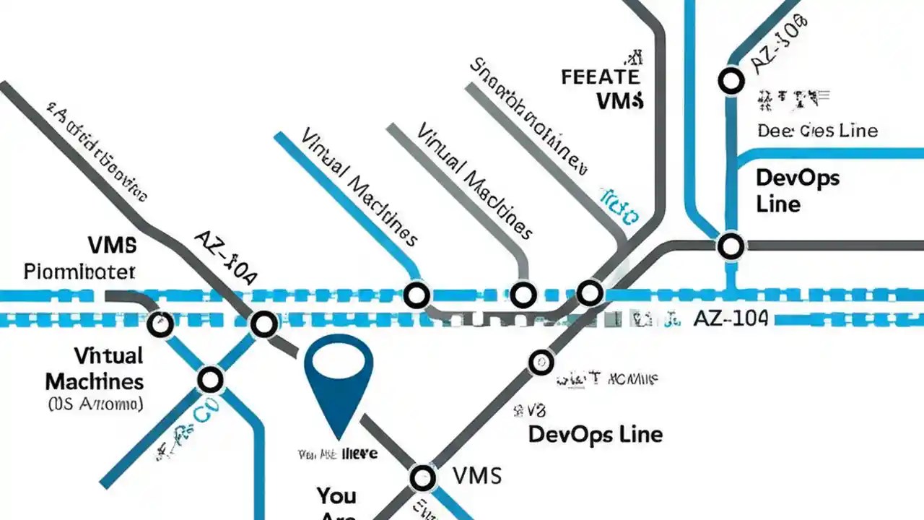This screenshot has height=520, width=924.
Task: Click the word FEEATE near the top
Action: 600,76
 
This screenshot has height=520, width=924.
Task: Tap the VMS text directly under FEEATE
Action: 620,100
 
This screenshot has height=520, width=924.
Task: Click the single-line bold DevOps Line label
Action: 596,434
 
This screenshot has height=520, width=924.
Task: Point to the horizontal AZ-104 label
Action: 730,318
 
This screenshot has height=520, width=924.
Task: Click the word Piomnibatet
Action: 79,272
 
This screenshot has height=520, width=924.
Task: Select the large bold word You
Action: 336,495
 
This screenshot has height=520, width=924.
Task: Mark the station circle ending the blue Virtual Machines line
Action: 417,295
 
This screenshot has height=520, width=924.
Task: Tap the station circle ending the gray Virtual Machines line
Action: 523,295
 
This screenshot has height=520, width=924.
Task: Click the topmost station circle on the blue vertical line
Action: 731,81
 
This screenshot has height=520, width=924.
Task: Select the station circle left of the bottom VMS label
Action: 422,477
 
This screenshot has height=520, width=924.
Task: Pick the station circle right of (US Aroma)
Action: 211,378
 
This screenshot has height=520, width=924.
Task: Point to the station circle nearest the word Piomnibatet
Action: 160,324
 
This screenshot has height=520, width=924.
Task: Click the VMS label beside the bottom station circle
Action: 476,476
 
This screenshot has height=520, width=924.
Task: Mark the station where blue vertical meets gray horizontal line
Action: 731,246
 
